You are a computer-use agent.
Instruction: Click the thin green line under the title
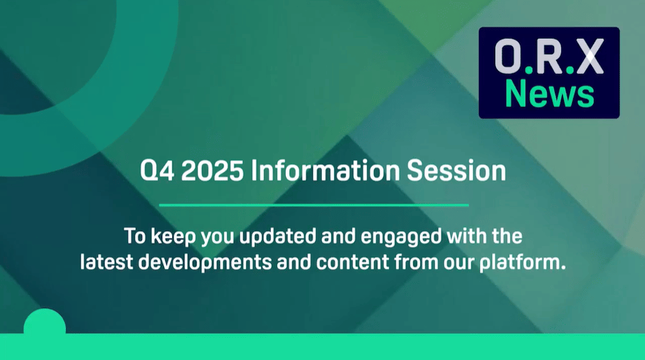tap(313, 205)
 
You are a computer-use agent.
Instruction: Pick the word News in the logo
tap(549, 94)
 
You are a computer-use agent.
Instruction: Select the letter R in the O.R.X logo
tap(549, 57)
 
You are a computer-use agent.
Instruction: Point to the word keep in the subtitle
tap(166, 235)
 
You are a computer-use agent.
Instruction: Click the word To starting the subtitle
tap(133, 235)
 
